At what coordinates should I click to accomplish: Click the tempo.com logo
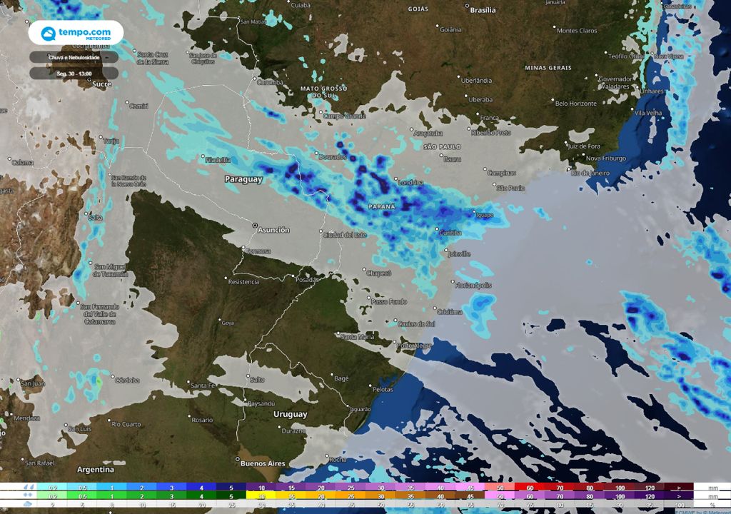coord(75,34)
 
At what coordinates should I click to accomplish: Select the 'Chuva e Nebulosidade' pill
coord(74,57)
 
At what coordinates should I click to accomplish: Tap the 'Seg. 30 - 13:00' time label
coord(74,73)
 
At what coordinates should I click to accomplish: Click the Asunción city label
coord(273,230)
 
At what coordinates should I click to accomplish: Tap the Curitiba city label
coord(450,233)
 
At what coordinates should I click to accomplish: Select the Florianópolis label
coord(473,285)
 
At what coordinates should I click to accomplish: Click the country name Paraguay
coord(244,179)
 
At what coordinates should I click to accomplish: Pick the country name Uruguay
coord(291,414)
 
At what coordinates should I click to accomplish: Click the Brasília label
coord(483,10)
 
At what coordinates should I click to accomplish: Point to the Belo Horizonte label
coord(575,104)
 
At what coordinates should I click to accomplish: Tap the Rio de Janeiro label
coord(590,173)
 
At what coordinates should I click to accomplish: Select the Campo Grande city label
coord(345,116)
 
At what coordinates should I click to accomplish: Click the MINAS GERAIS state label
coord(548,68)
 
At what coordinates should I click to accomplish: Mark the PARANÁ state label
coord(383,206)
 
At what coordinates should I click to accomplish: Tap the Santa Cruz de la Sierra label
coord(153,58)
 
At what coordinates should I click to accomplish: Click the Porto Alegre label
coord(414,346)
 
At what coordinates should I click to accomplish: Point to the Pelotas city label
coord(383,389)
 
